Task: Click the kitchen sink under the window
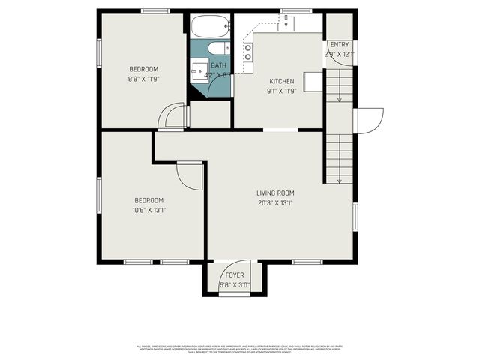pyautogui.click(x=287, y=23)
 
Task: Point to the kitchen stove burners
pyautogui.click(x=247, y=52)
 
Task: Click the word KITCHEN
pyautogui.click(x=281, y=81)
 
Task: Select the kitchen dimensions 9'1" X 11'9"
pyautogui.click(x=281, y=91)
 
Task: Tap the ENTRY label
pyautogui.click(x=339, y=45)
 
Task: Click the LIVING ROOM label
pyautogui.click(x=275, y=193)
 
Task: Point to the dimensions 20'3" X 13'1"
pyautogui.click(x=275, y=202)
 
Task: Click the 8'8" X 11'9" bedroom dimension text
pyautogui.click(x=142, y=79)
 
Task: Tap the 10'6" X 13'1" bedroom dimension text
pyautogui.click(x=149, y=210)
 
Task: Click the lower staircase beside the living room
pyautogui.click(x=338, y=157)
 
